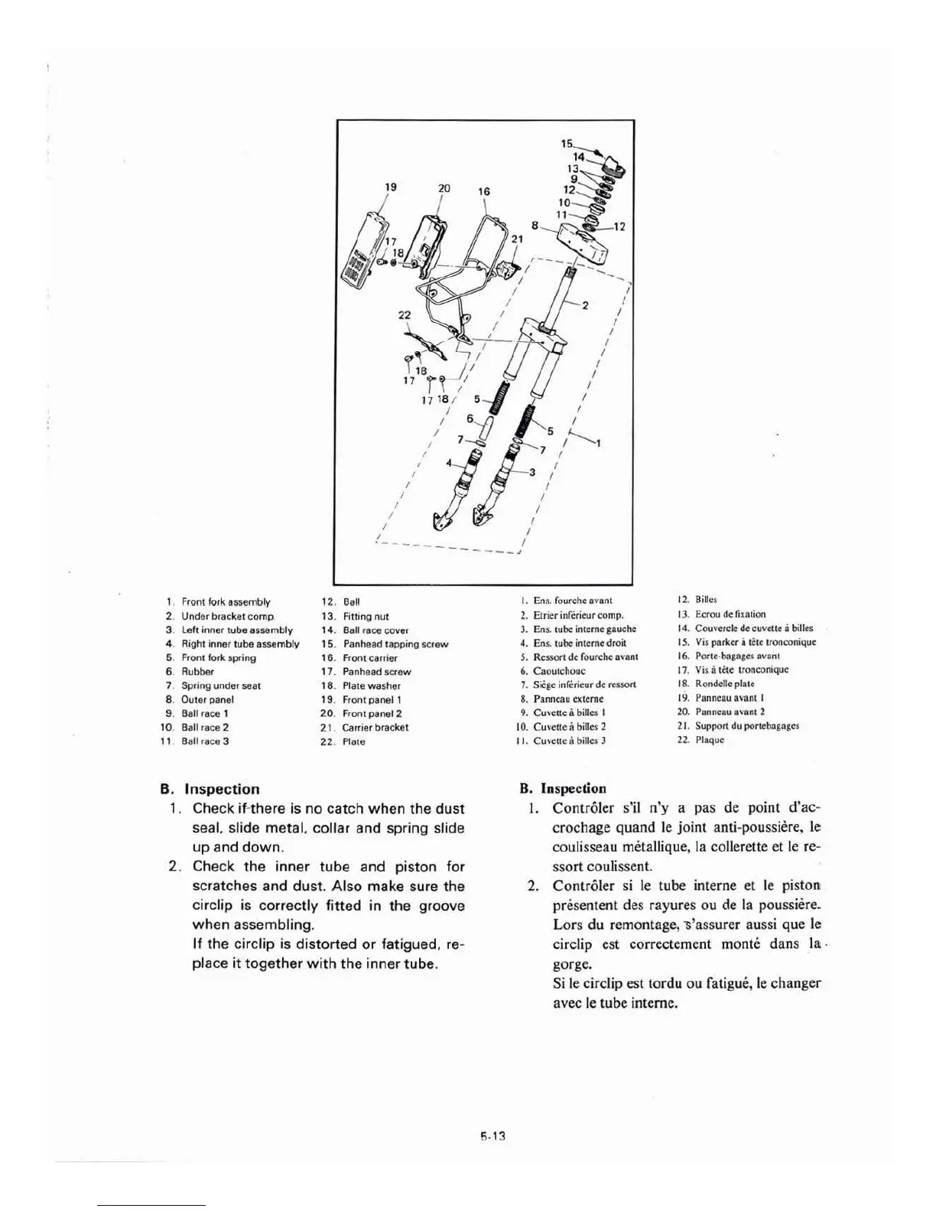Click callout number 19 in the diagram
tap(391, 186)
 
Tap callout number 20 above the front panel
tap(444, 188)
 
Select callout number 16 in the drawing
tap(484, 192)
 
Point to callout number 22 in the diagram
tap(405, 315)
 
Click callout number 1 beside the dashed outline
tap(597, 442)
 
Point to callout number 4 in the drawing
tap(450, 463)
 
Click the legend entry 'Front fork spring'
tap(219, 658)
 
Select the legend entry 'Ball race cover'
tap(376, 630)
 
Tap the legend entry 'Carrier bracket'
tap(375, 728)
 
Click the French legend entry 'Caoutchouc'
tap(559, 671)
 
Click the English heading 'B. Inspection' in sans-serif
tap(210, 789)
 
